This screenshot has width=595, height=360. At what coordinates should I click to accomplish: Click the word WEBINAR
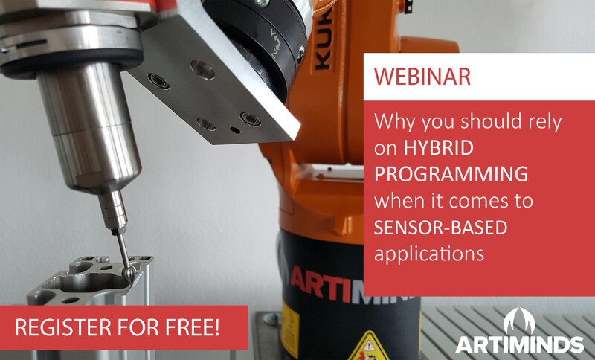point(422,77)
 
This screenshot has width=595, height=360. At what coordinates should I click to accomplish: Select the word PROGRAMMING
point(451,174)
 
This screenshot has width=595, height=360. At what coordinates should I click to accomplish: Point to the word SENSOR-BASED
point(440,227)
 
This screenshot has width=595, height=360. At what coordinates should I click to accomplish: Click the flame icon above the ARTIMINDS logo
point(519,321)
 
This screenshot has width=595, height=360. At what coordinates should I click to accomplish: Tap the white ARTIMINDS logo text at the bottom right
point(519,345)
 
